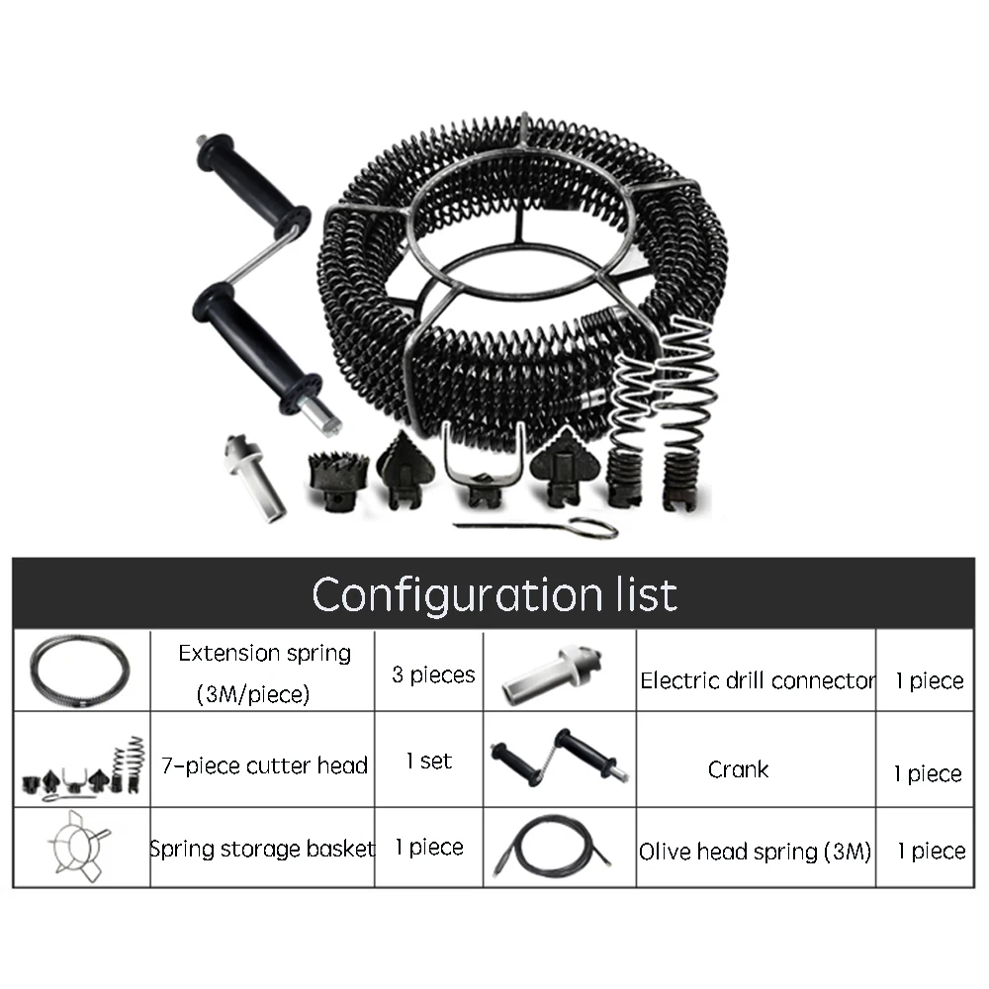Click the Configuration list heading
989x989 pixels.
coord(494,594)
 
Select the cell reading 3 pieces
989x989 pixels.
coord(433,674)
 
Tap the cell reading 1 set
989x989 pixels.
coord(429,761)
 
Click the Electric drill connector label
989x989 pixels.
coord(758,680)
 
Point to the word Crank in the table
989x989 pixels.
coord(738,769)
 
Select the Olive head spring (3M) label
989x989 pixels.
coord(755,852)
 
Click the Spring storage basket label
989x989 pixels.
coord(262,849)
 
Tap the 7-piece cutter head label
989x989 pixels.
coord(264,765)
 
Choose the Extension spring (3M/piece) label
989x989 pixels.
coord(264,674)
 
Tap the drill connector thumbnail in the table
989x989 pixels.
coord(551,674)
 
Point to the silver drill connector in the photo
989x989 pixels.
coord(255,477)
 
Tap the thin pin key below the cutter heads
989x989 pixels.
coord(536,527)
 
